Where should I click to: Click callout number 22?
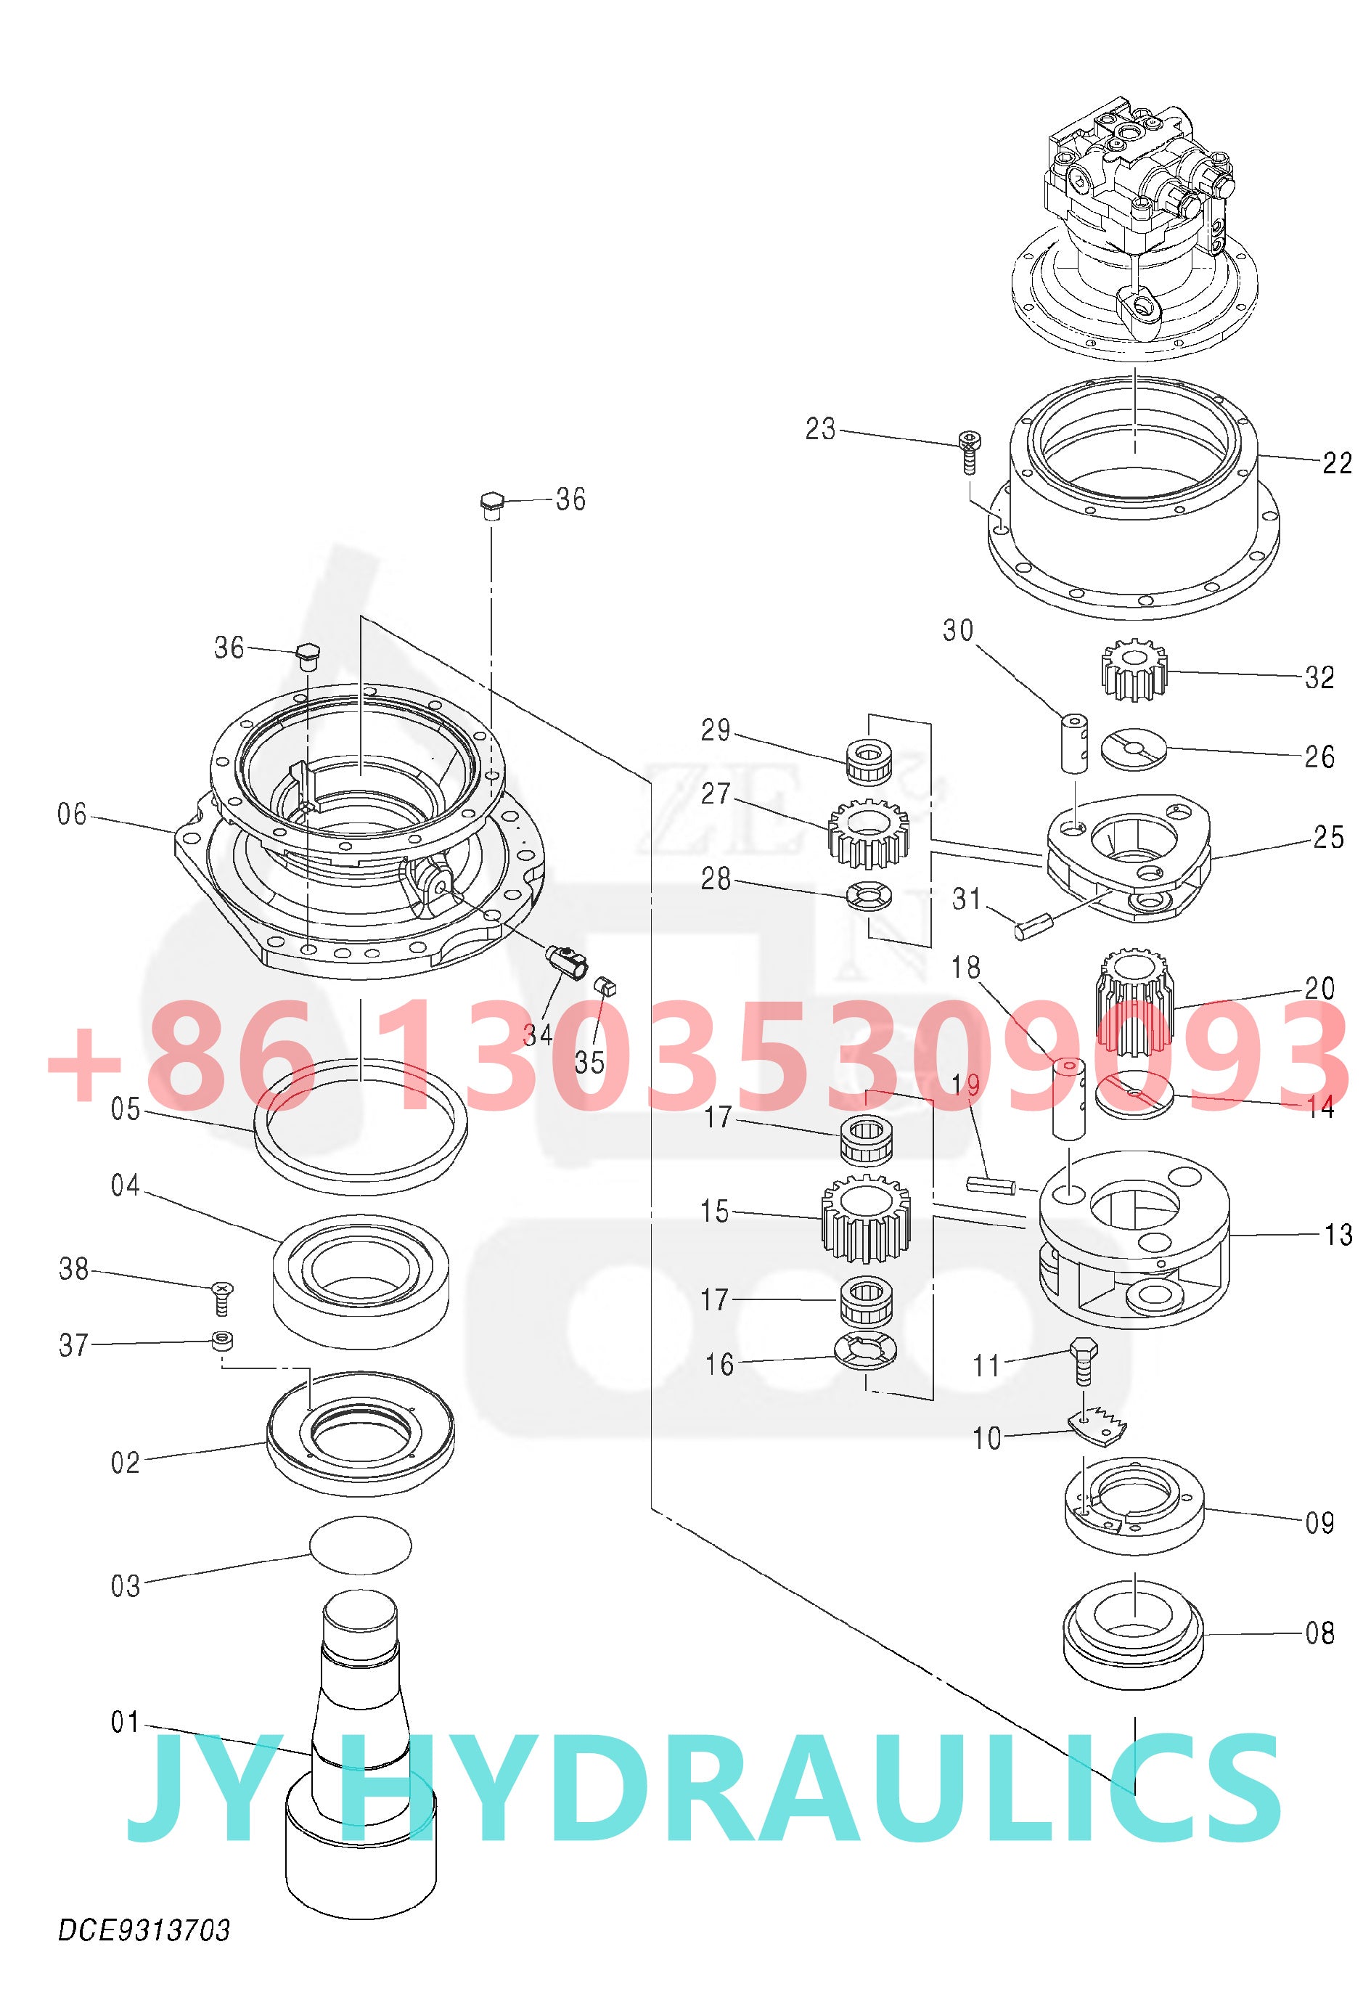click(x=1336, y=462)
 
